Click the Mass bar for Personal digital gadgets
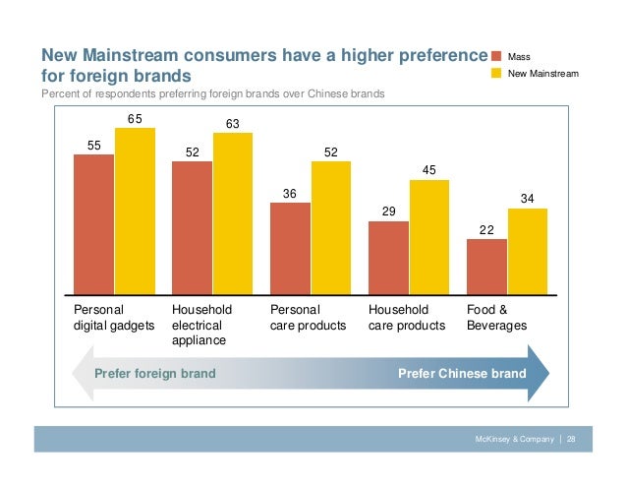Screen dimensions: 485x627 click(x=93, y=224)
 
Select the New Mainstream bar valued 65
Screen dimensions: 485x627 click(x=135, y=212)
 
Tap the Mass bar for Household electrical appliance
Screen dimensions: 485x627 click(x=192, y=227)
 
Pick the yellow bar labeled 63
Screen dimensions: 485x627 click(x=233, y=213)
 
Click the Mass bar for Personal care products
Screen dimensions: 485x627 click(x=290, y=248)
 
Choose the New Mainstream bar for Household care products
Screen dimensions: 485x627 click(x=429, y=237)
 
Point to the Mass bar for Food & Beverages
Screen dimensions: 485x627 click(x=486, y=267)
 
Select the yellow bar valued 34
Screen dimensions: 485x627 click(x=528, y=251)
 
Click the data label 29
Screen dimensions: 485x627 click(x=388, y=212)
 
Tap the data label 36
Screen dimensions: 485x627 click(x=290, y=194)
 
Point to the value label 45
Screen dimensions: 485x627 click(x=429, y=170)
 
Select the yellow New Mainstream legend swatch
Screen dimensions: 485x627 click(x=496, y=74)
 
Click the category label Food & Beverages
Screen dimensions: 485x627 click(x=496, y=317)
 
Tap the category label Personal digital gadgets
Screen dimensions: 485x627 click(x=113, y=317)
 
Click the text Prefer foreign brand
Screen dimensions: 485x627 click(x=154, y=374)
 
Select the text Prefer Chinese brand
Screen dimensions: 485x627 click(x=462, y=374)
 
